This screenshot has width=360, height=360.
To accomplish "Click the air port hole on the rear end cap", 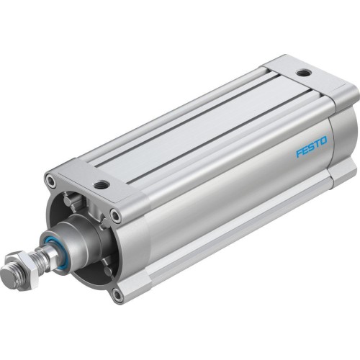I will pos(303,73).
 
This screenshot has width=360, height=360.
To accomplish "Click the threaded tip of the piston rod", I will pos(8,271).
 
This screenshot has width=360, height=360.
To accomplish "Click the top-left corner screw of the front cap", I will pos(50,180).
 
